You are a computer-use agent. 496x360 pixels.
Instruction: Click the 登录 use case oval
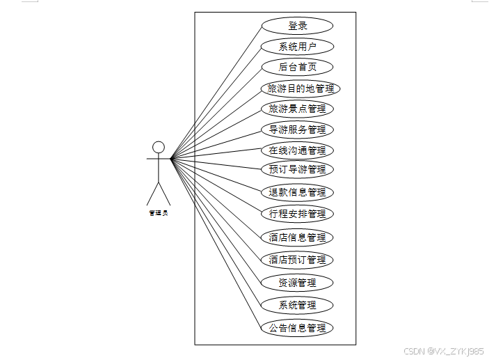[297, 26]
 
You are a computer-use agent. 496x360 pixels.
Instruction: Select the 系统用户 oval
[297, 47]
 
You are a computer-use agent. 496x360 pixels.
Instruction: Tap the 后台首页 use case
[297, 67]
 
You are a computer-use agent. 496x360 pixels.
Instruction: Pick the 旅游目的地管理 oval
[301, 88]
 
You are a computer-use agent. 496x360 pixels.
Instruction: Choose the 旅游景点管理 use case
[297, 109]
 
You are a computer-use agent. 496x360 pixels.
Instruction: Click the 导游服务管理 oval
[297, 130]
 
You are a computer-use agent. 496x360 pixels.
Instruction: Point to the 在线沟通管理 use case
[297, 150]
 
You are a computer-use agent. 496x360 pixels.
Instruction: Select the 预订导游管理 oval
[297, 169]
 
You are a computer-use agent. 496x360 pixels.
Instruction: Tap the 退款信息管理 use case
[297, 192]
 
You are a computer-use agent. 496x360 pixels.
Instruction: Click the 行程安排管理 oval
[297, 214]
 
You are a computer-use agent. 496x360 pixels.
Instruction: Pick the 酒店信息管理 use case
[297, 237]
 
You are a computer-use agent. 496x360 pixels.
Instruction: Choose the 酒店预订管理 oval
[297, 260]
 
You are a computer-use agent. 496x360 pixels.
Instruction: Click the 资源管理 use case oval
[297, 283]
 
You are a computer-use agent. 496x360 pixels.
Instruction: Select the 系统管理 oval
[297, 305]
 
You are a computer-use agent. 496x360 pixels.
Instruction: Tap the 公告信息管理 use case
[297, 327]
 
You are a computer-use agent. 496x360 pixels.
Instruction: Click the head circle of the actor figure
[159, 146]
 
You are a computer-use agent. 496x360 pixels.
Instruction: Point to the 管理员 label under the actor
[159, 213]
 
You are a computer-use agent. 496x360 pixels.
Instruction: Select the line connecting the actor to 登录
[216, 92]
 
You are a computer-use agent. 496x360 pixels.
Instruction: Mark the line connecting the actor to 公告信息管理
[216, 242]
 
